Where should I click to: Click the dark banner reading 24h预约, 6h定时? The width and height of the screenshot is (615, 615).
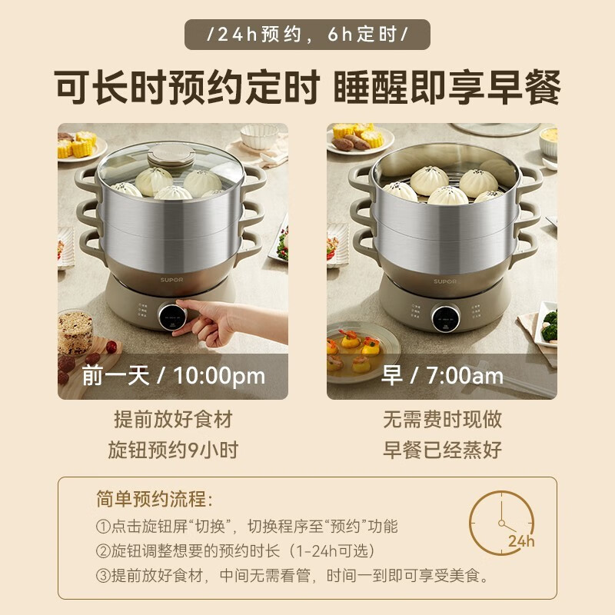click(307, 35)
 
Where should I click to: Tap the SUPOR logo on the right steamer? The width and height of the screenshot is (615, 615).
click(445, 282)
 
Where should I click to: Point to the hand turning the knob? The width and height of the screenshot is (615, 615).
click(211, 323)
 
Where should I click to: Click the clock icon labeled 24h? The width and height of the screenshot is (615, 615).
click(502, 522)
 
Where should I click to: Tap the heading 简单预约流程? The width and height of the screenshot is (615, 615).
click(153, 499)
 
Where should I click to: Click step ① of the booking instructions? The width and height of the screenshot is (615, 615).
click(246, 527)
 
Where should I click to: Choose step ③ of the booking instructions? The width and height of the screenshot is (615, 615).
click(292, 575)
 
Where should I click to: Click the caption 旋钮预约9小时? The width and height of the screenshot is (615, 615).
click(173, 450)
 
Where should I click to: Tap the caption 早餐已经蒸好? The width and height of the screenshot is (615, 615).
click(442, 450)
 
